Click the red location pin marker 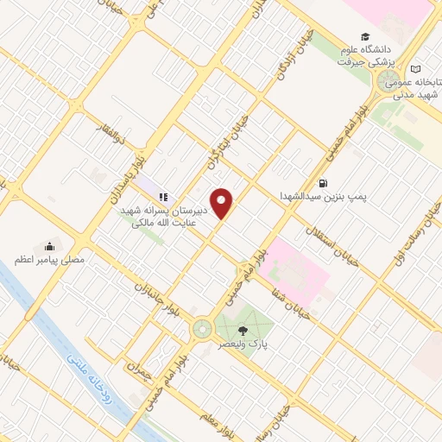(x=223, y=203)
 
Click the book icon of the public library (x=417, y=69)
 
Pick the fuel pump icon (x=323, y=183)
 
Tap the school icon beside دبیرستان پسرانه (x=162, y=197)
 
